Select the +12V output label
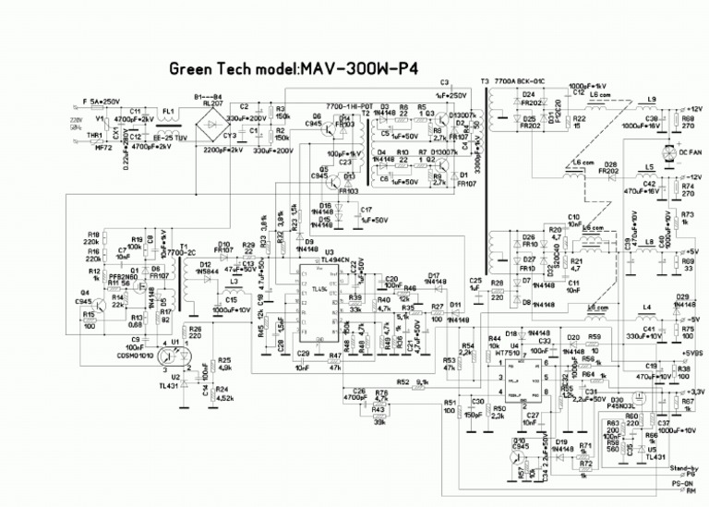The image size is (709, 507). coord(691,109)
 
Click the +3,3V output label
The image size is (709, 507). coord(690,392)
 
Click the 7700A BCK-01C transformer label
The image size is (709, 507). coord(522,82)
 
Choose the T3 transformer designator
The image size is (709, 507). coord(485,82)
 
